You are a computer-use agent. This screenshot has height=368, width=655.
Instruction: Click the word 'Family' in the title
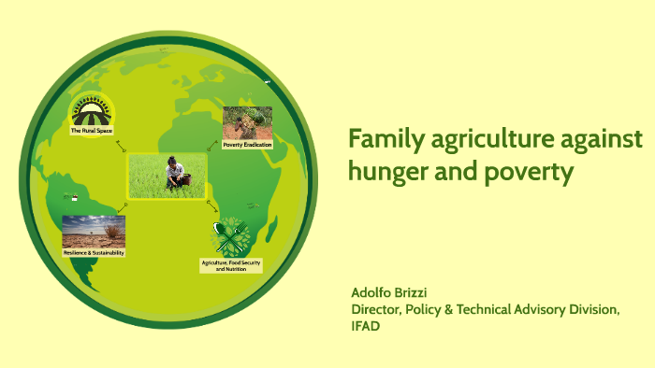tap(381, 141)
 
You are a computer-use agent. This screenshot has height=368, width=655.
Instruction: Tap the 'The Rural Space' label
tap(94, 132)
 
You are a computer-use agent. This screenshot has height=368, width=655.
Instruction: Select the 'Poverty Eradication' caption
tap(247, 145)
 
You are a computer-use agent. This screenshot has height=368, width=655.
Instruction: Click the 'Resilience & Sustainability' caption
tap(94, 253)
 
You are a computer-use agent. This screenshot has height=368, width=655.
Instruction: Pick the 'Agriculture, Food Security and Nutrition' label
tap(231, 266)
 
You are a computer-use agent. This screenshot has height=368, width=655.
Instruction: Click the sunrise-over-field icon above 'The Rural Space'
tap(94, 110)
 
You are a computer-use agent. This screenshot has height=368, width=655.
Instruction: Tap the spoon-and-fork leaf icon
tap(231, 236)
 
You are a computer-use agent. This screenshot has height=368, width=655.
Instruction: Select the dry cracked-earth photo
tap(94, 231)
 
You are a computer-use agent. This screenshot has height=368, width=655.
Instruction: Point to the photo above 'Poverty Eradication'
tap(247, 122)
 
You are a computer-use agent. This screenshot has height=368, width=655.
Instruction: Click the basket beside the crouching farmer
tap(184, 179)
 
